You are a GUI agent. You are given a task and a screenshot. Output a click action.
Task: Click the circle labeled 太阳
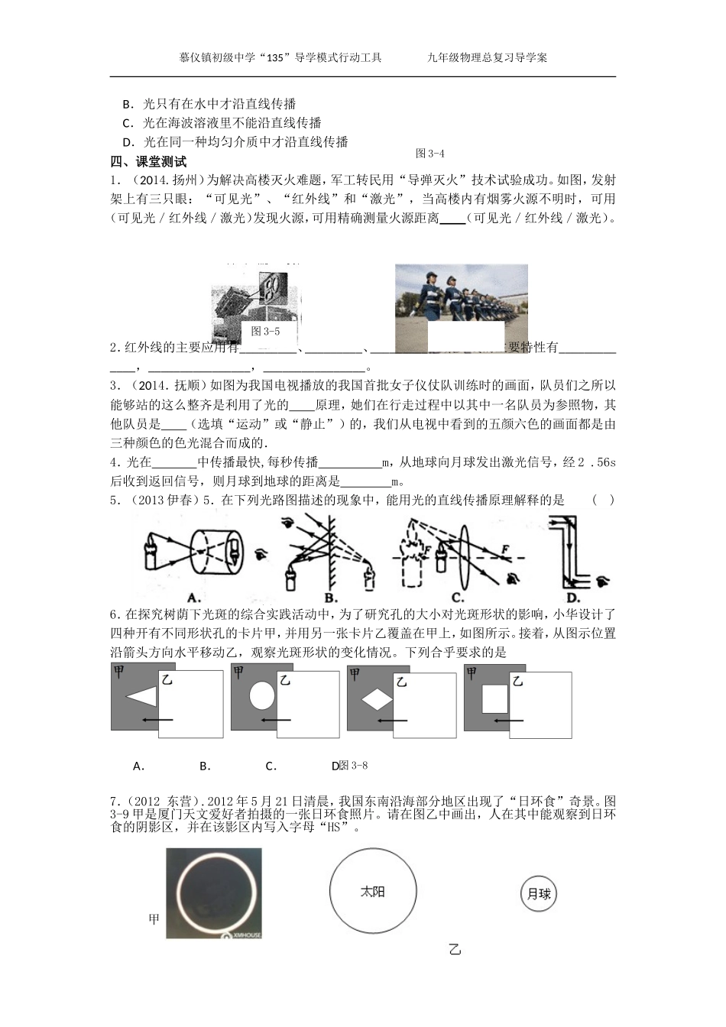point(373,892)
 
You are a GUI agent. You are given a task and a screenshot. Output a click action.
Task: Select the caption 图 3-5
point(265,331)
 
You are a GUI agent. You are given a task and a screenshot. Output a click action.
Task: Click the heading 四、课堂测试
point(148,161)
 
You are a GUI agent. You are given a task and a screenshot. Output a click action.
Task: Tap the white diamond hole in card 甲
point(377,698)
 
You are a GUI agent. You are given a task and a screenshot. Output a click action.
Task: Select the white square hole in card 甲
point(494,698)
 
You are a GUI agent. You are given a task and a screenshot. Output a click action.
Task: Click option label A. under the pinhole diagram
point(193,597)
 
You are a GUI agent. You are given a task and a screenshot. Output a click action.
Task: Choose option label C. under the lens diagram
point(458,597)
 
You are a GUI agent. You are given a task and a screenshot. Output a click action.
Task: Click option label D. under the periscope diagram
point(573,598)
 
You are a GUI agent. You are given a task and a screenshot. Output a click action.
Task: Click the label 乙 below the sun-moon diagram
point(455,950)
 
